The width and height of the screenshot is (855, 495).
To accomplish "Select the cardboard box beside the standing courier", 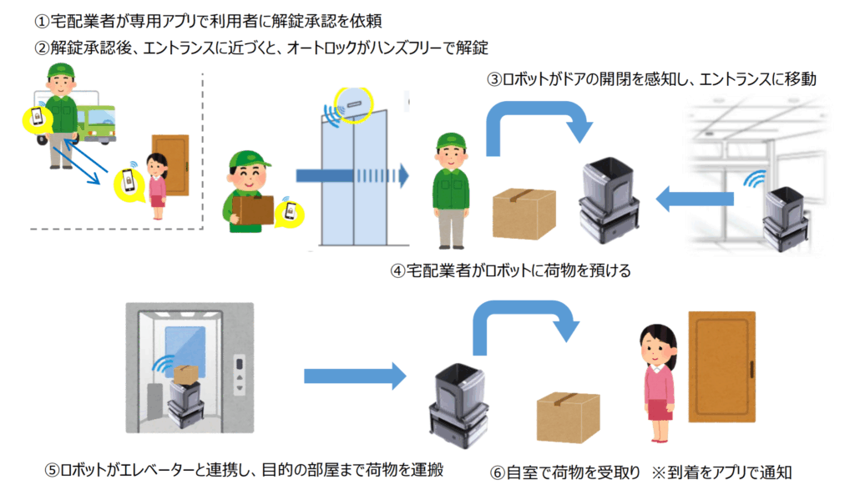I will (x=524, y=212).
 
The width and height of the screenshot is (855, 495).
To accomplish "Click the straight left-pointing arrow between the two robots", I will (x=693, y=200).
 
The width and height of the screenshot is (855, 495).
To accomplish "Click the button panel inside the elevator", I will (x=242, y=376).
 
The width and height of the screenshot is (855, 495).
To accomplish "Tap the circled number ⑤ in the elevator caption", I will (x=52, y=470).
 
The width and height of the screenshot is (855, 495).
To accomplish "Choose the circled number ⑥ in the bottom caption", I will (x=498, y=472).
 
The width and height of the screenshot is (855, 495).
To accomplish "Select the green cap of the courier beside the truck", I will (x=61, y=69).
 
